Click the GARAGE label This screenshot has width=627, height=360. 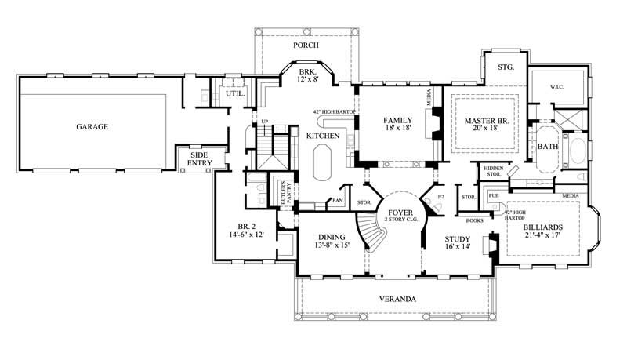click(x=92, y=126)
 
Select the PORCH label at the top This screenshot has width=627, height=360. click(x=306, y=45)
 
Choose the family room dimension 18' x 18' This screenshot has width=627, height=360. click(x=398, y=130)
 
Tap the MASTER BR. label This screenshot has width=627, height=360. click(x=483, y=121)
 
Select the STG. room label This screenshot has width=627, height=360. click(x=506, y=68)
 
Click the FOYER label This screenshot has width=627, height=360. click(x=393, y=210)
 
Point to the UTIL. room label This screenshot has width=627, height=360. click(x=235, y=93)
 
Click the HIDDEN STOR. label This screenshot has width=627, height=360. click(x=493, y=171)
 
